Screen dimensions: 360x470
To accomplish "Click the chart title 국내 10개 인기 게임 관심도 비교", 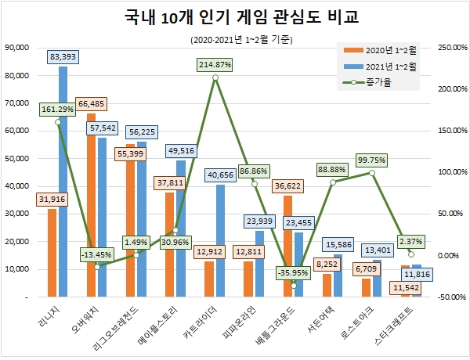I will point(235,17).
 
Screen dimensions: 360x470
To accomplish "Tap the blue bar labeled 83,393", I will point(63,180).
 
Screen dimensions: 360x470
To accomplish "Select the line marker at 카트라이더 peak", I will point(215,77).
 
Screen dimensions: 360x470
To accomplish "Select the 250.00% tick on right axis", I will point(452,47).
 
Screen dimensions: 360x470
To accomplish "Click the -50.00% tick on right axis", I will point(452,297).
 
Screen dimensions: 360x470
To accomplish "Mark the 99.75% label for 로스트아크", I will point(372,160).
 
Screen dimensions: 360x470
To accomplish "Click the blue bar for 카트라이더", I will point(221,243).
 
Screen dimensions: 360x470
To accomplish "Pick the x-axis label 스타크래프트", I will point(402,329).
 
